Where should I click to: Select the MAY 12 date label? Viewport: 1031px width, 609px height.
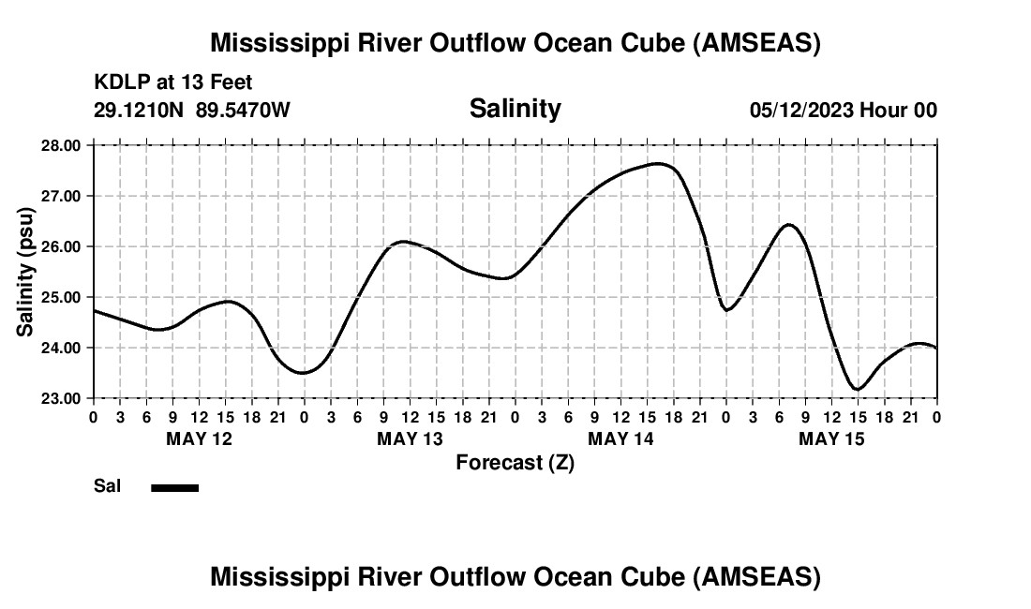coord(199,438)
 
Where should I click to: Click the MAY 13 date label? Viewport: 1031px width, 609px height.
coord(411,438)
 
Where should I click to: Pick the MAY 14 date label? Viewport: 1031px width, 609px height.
coord(621,438)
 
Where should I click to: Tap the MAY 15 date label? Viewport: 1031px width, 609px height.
coord(832,438)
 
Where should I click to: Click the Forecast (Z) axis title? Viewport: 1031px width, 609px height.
coord(515,463)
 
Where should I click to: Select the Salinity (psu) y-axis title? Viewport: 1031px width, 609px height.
coord(26,272)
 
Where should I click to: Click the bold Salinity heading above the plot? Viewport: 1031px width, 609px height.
coord(515,109)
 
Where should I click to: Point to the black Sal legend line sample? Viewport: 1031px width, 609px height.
coord(174,487)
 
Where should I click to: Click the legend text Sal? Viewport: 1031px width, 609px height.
coord(106,486)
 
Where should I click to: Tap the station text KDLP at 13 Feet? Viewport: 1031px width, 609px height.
coord(172,83)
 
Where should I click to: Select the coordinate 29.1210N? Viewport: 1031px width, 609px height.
coord(140,111)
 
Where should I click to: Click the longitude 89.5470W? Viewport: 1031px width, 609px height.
coord(243,111)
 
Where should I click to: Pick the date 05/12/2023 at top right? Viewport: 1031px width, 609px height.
coord(801,111)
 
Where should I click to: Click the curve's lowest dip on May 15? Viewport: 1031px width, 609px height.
coord(857,389)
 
